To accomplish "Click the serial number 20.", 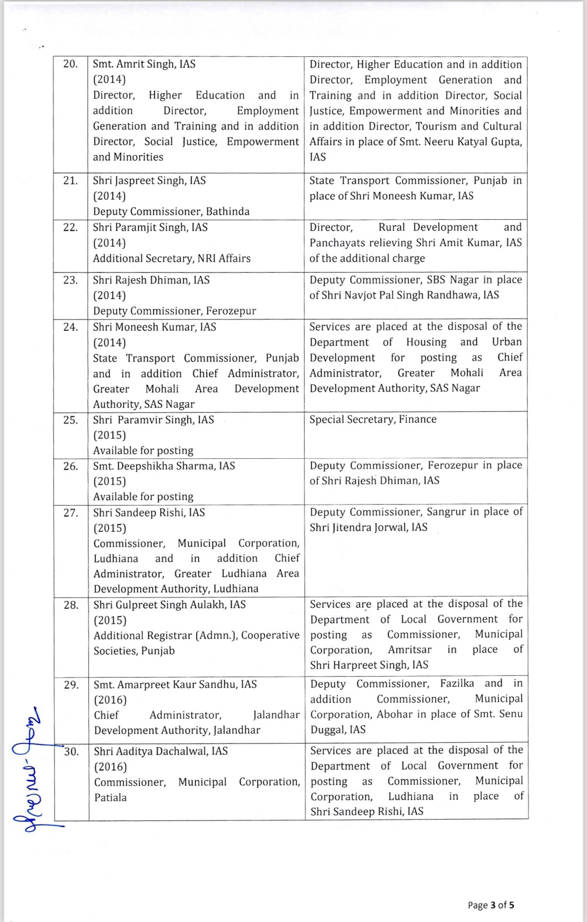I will (x=71, y=64).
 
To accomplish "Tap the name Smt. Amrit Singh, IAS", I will (x=144, y=64).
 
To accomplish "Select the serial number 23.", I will (x=71, y=280).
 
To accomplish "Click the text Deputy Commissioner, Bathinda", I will (x=171, y=212).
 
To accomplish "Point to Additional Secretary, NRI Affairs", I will (x=172, y=258).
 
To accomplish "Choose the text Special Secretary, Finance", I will (x=373, y=419).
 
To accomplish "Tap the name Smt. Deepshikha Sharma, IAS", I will (x=164, y=466).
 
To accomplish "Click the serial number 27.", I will (x=71, y=513).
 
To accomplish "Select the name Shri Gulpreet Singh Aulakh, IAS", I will (x=169, y=605).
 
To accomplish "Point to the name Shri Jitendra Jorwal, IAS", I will (x=369, y=527).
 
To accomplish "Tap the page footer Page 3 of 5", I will (x=491, y=905).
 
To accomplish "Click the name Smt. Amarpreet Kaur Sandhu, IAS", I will (x=175, y=684).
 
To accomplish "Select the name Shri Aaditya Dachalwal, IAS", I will (x=161, y=751).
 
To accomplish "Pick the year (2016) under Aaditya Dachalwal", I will (x=110, y=767).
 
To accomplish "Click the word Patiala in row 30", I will (x=111, y=797).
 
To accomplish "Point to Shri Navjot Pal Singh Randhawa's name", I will (x=404, y=295).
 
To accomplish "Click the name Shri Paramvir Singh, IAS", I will (x=153, y=420).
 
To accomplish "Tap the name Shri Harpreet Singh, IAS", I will (x=369, y=665).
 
